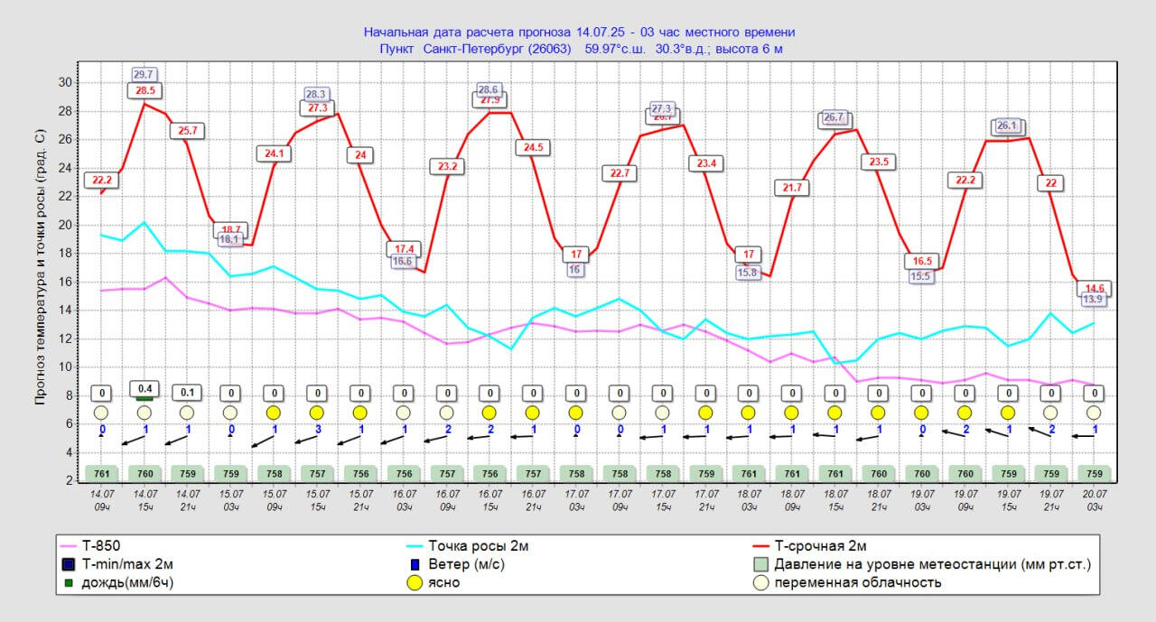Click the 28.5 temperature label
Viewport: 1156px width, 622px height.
(144, 90)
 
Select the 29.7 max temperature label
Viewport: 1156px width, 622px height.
(144, 75)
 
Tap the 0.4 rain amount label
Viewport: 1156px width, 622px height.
(144, 389)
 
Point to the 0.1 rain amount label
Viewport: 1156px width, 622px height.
(187, 394)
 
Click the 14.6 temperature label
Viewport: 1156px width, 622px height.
(1094, 289)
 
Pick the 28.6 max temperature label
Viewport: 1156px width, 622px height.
(489, 89)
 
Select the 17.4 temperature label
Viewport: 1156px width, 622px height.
(405, 249)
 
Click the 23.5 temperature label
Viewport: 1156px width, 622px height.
(877, 162)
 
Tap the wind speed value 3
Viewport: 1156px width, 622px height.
(317, 429)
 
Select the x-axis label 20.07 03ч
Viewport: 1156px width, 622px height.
(1094, 500)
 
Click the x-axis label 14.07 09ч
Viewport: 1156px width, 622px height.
(101, 500)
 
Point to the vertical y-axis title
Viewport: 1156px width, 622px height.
(40, 266)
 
